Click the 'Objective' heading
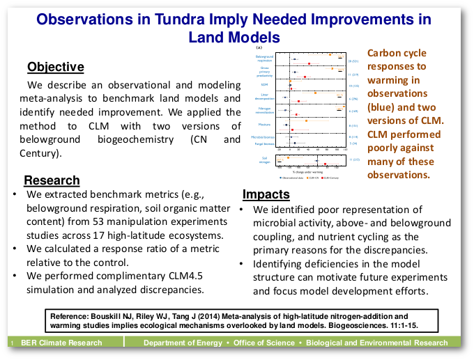(x=56, y=68)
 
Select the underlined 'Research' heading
(x=52, y=180)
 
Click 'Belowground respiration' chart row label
(x=264, y=58)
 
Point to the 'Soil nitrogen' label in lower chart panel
(x=265, y=161)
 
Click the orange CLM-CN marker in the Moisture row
(x=307, y=120)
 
